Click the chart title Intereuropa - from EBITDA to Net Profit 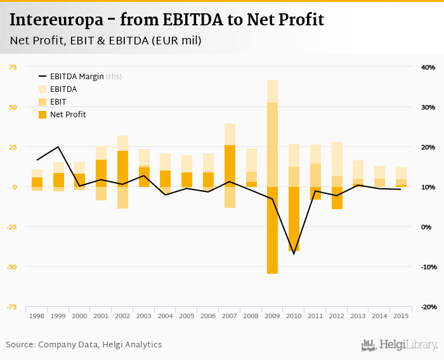click(167, 20)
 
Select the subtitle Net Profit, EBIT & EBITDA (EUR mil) click(105, 41)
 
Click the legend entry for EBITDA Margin click(80, 77)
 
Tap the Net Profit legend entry click(67, 115)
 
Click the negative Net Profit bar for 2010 click(294, 219)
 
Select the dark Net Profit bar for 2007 click(230, 166)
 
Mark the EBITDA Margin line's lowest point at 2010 click(294, 254)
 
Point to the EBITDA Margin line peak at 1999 click(58, 147)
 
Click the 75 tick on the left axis click(13, 67)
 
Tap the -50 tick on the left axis click(13, 267)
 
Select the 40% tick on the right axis click(428, 67)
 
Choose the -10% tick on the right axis click(427, 267)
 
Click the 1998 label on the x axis click(37, 316)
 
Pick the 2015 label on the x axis click(401, 316)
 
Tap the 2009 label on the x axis click(272, 316)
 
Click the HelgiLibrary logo click(400, 345)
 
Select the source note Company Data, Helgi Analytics click(84, 345)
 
